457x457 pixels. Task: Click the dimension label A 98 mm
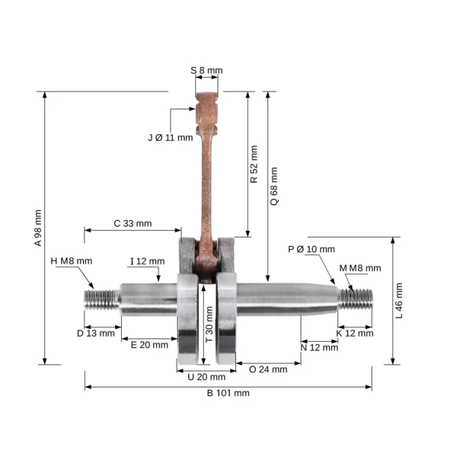(38, 228)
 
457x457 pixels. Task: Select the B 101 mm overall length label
(228, 393)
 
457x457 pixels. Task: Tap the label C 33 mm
(133, 223)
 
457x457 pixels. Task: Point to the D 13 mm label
(96, 333)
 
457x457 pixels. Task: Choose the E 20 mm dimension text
(149, 345)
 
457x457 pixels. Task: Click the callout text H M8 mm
(72, 260)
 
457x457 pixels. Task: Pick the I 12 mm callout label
(148, 261)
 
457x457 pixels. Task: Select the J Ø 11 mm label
(171, 138)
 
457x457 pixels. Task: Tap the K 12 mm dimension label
(355, 333)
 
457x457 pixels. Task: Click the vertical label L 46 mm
(399, 301)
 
